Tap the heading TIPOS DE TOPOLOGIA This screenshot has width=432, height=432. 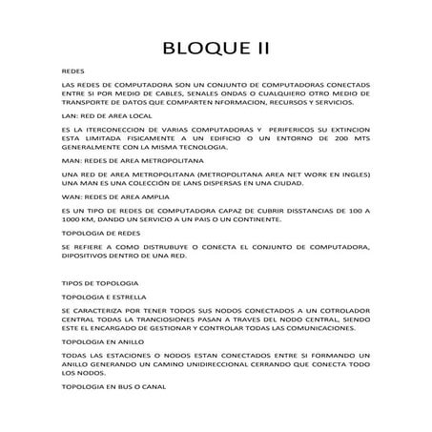pyautogui.click(x=100, y=284)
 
